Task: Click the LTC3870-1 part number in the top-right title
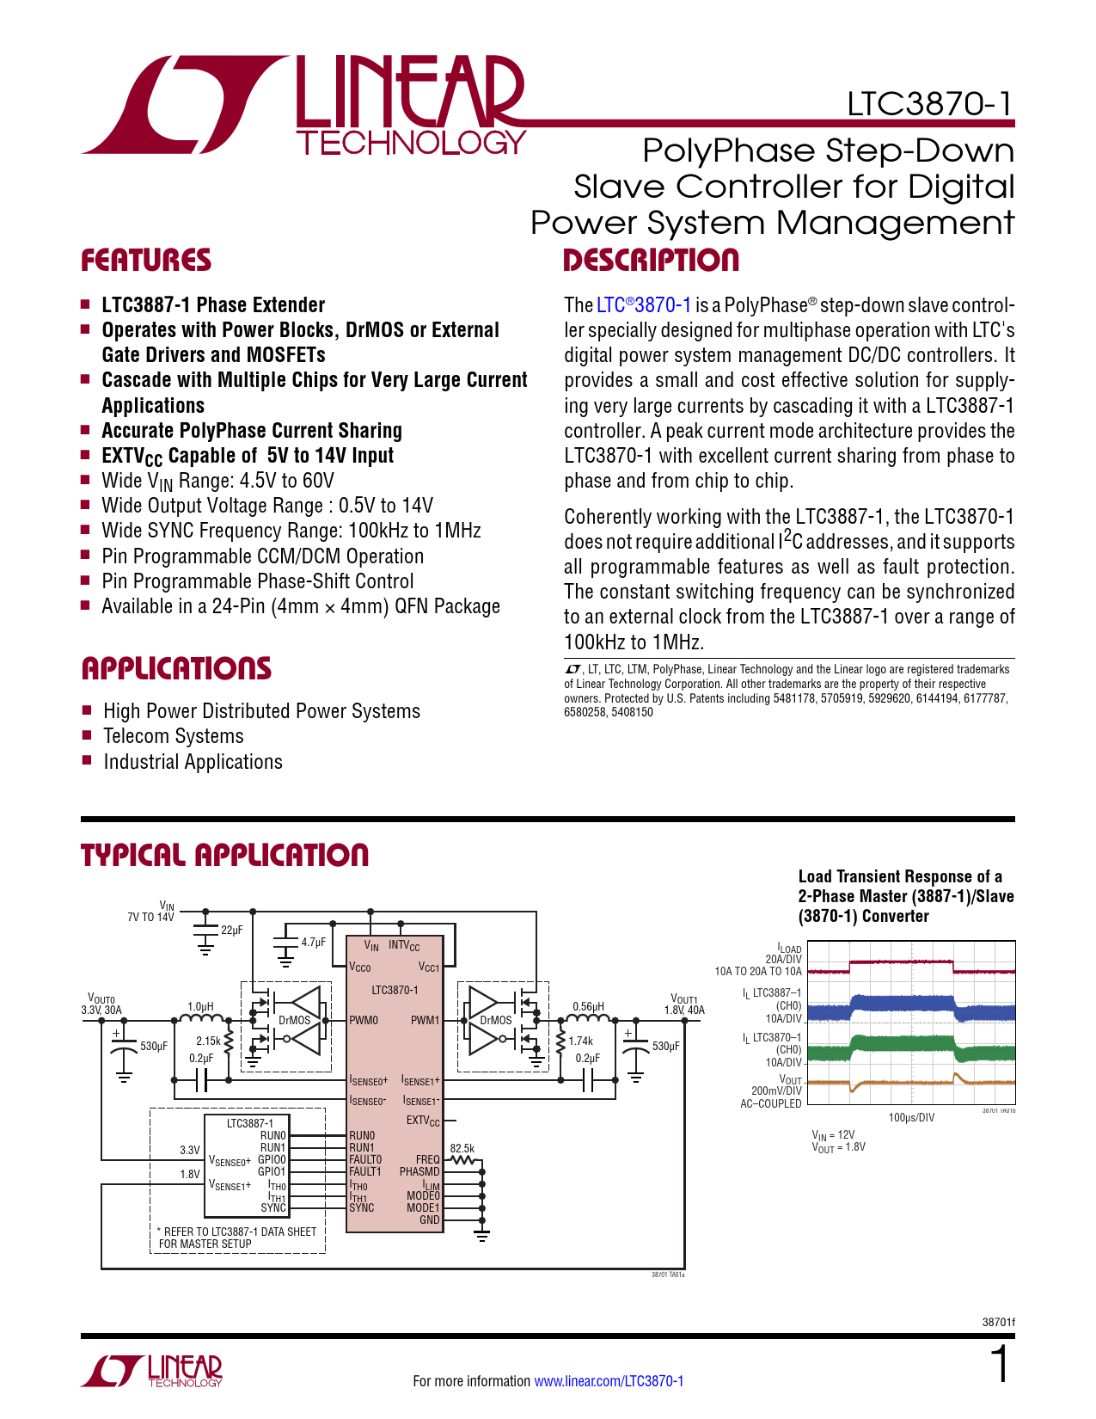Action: [x=929, y=104]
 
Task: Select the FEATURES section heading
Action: [x=146, y=261]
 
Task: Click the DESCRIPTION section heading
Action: [x=651, y=261]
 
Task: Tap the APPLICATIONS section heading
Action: [x=176, y=669]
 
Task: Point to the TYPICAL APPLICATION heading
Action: [x=224, y=855]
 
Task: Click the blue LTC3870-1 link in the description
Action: [x=644, y=305]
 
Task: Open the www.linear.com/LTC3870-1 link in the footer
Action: [x=609, y=1381]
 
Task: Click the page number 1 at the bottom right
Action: [x=1000, y=1365]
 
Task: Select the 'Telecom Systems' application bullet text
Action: [x=174, y=737]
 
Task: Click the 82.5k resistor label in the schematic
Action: [x=462, y=1148]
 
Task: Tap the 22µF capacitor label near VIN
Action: [x=231, y=931]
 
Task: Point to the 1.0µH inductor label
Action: [x=200, y=1006]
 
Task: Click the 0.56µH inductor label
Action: [x=588, y=1006]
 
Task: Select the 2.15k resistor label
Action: [x=208, y=1041]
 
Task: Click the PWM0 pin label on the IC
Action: [x=364, y=1021]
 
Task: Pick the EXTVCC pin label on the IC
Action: [x=423, y=1121]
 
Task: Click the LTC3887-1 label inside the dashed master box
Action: [x=249, y=1123]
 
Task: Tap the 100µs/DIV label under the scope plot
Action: [x=911, y=1117]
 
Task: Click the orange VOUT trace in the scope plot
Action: [x=903, y=1082]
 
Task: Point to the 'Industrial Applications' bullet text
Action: [x=193, y=763]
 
